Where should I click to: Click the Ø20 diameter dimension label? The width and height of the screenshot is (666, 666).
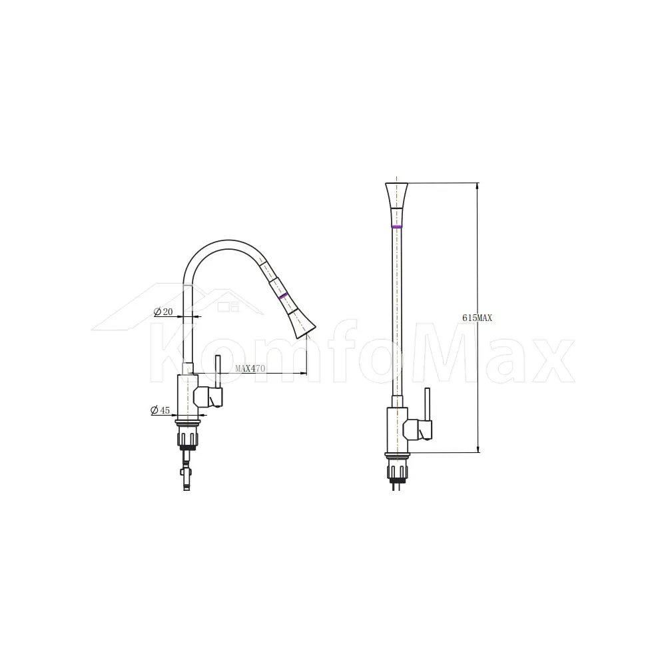163,312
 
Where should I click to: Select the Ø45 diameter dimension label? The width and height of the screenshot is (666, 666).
160,410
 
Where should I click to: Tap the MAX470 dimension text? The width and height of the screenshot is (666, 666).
250,368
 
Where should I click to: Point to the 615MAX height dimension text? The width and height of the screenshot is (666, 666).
477,318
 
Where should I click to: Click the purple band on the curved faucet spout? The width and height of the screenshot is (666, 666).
283,296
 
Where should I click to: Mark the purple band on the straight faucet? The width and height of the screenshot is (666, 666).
397,227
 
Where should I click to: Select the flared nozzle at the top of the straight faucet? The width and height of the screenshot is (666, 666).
397,195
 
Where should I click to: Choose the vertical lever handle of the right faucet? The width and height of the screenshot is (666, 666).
428,404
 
